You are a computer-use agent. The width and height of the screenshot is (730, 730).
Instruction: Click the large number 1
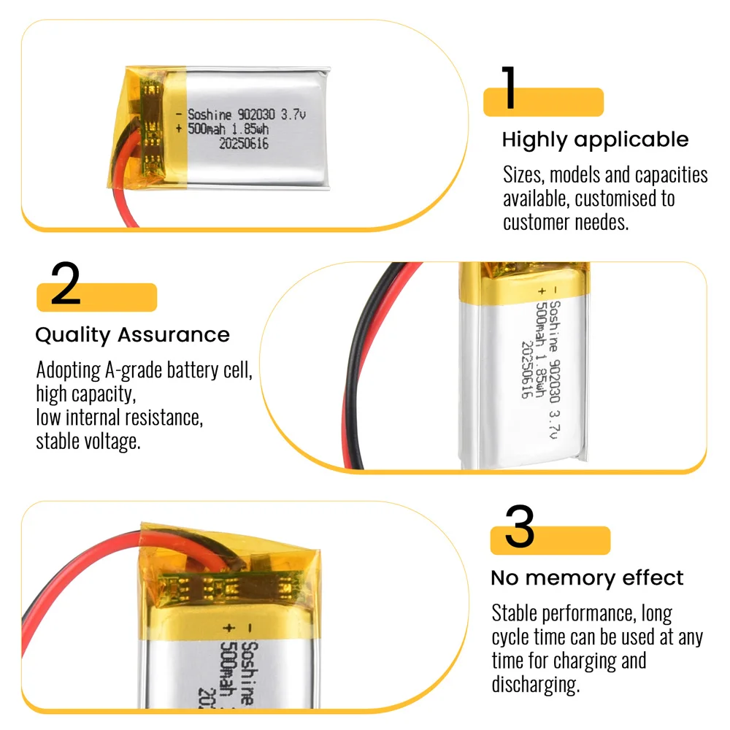coord(510,89)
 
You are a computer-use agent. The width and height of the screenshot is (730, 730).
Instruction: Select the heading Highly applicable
coord(595,139)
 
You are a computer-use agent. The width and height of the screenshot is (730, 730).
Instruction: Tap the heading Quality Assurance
coord(132,335)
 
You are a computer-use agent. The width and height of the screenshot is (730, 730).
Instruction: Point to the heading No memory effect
coord(587,578)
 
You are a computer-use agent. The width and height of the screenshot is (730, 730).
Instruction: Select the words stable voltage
coord(88,442)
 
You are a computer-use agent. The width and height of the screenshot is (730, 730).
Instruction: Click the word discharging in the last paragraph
coord(535,684)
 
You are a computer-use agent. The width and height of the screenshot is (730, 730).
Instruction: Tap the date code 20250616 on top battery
coord(244,145)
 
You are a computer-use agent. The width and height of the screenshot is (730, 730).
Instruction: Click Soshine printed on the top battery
coord(210,115)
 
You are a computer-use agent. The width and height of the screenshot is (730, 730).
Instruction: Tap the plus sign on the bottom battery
coord(228,627)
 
